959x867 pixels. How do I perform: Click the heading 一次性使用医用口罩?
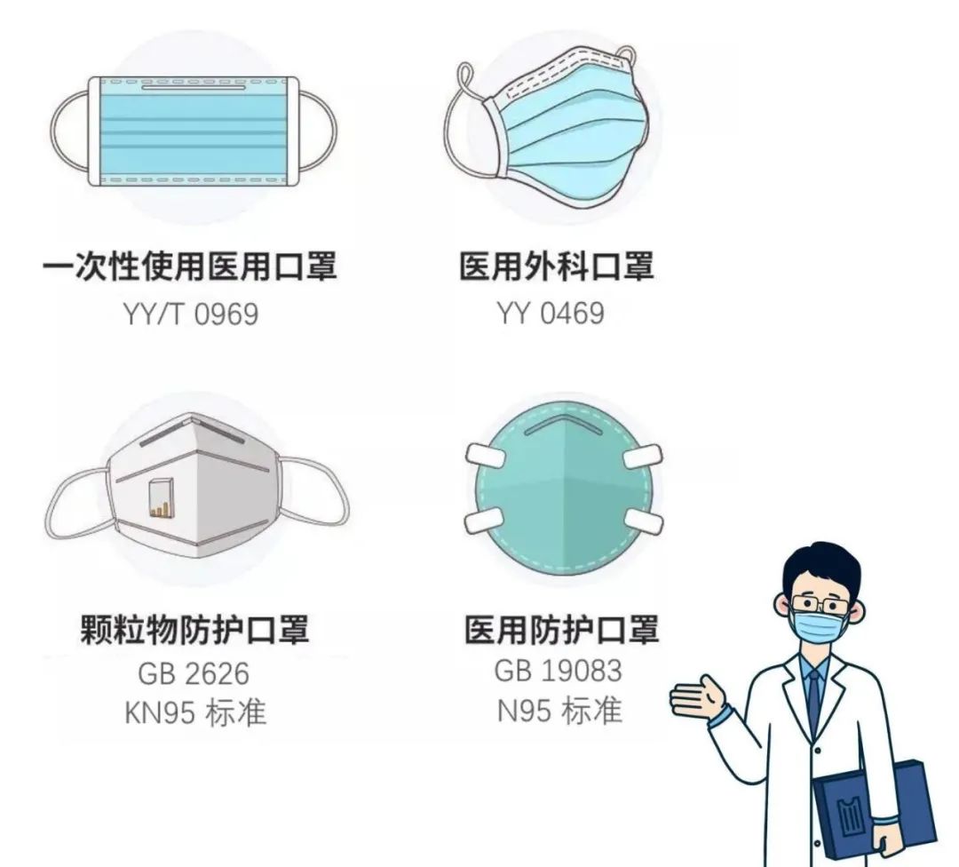tap(190, 266)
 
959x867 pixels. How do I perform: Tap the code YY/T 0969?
tap(190, 314)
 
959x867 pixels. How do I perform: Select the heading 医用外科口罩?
tap(557, 266)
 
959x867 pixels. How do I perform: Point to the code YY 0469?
tap(551, 314)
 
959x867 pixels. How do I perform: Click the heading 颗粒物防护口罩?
tap(194, 630)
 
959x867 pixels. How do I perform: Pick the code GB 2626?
tap(193, 674)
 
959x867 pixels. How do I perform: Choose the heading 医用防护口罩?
tap(562, 630)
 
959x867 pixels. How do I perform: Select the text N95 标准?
tap(559, 711)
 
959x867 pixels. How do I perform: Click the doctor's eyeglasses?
tap(818, 605)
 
